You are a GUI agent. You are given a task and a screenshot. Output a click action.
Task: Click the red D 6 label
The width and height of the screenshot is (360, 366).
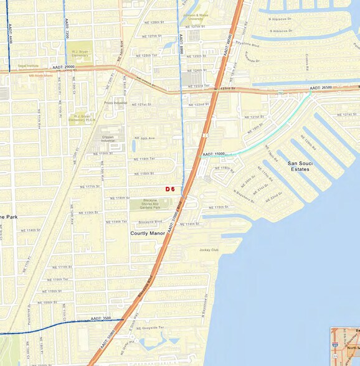(170, 189)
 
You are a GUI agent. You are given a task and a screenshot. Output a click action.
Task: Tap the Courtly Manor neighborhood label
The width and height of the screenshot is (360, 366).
(148, 233)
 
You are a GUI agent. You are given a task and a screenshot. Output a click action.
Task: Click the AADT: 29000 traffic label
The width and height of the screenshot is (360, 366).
(64, 67)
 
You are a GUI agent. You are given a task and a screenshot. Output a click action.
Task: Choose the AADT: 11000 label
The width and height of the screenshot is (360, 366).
(213, 153)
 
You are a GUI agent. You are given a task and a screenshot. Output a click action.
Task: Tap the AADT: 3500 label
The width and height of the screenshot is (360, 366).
(100, 318)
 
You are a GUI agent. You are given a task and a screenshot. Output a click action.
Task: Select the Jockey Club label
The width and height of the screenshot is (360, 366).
(209, 250)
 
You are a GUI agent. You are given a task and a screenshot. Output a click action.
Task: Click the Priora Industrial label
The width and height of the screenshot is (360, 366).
(116, 103)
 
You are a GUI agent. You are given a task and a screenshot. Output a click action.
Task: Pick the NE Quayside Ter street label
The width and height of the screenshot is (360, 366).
(152, 327)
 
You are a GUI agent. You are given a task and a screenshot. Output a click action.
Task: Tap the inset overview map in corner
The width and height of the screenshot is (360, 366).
(345, 346)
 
